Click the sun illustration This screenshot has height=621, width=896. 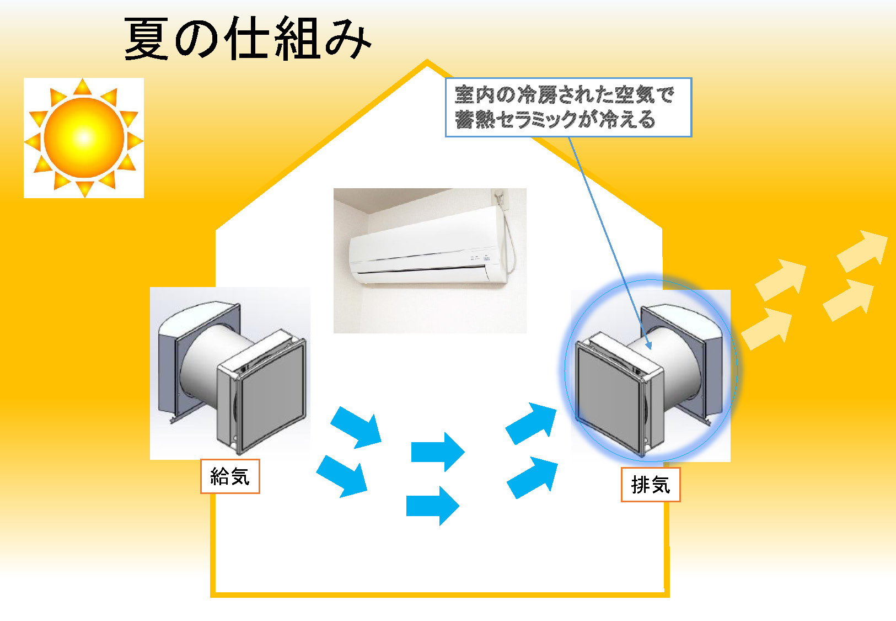[84, 137]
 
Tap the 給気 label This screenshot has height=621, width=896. [230, 476]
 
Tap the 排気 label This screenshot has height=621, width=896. [651, 485]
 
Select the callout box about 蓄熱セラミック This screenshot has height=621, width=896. [568, 107]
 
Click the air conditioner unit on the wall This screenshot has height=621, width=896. [427, 248]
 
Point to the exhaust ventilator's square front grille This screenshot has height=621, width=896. [609, 395]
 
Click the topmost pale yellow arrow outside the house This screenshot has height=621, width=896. [863, 251]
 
